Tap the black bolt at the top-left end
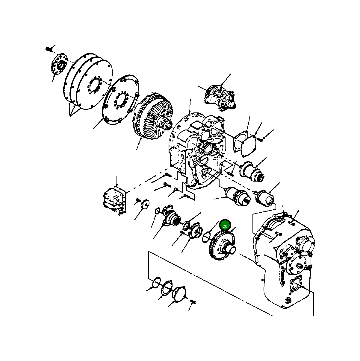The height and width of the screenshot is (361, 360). coord(48,49)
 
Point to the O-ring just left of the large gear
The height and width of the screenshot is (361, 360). coord(207,235)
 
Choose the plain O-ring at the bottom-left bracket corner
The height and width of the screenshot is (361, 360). coord(156,282)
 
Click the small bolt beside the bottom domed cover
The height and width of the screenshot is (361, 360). coord(193,302)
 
